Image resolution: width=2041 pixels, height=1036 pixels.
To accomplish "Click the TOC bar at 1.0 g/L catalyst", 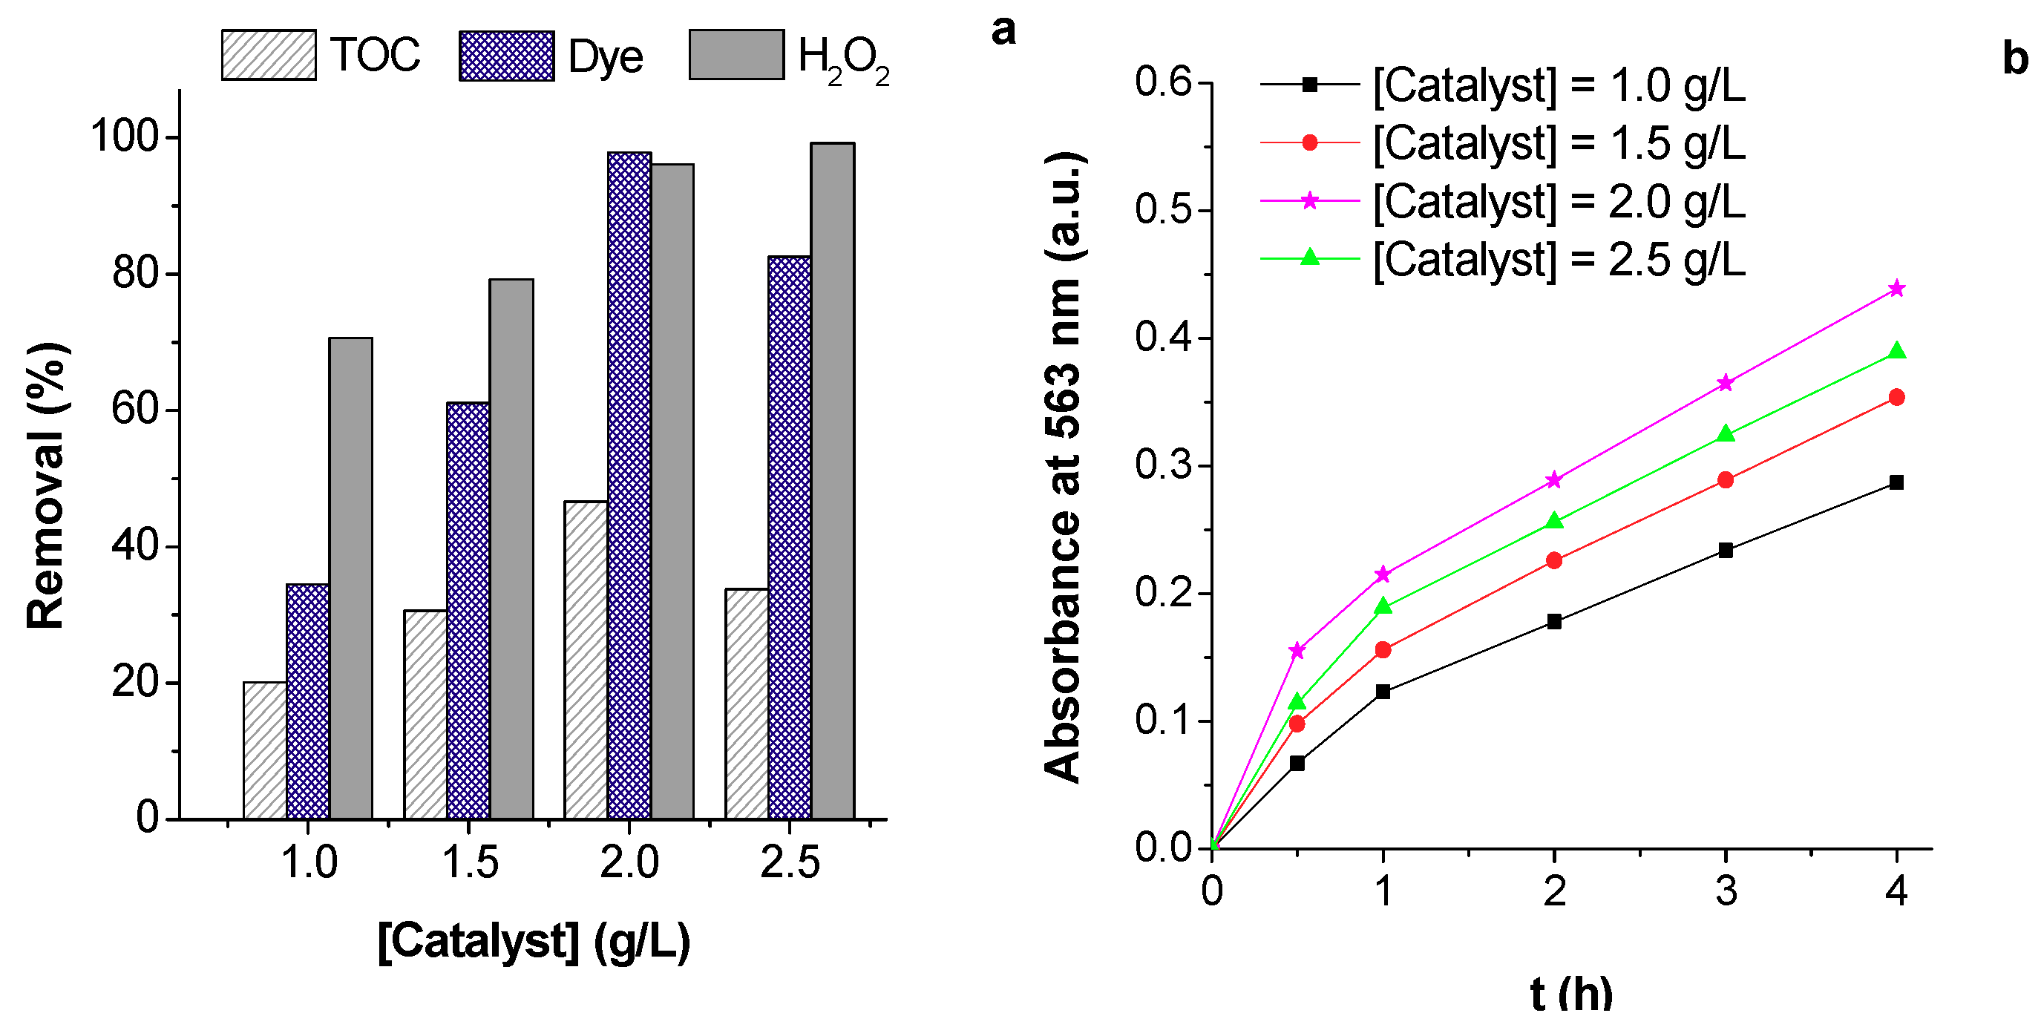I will click(265, 750).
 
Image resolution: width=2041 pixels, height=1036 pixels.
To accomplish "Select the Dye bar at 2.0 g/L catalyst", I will click(629, 485).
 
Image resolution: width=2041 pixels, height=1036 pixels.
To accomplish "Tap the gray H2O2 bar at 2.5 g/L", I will click(832, 481).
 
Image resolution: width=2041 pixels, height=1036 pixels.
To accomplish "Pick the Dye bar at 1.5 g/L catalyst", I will click(468, 610).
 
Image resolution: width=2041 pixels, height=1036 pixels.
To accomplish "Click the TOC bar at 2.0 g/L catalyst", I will click(586, 660).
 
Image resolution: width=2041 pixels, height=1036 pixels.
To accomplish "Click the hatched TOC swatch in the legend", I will click(269, 56).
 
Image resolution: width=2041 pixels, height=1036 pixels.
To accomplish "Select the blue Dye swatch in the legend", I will click(506, 56).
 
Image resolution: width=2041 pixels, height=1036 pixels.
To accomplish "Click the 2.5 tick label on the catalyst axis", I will click(790, 862).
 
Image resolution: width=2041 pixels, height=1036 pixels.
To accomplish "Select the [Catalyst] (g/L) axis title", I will click(533, 942).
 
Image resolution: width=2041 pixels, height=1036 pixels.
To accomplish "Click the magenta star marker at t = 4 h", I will click(1896, 288).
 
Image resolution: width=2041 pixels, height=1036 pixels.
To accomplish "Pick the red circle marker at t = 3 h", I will click(1726, 480).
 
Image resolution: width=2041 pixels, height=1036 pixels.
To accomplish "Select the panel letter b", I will click(2015, 58).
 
